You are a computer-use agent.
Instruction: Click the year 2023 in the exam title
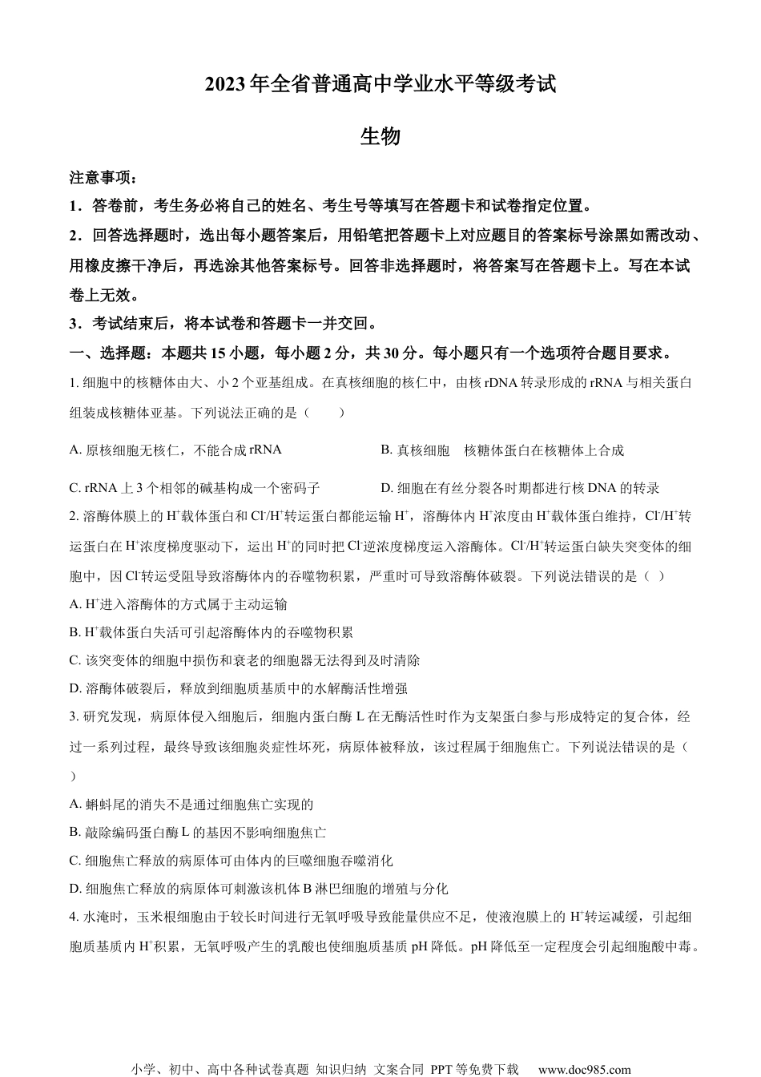(226, 85)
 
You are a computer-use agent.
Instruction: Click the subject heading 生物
(380, 136)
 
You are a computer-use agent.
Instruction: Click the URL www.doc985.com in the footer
(584, 1069)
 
